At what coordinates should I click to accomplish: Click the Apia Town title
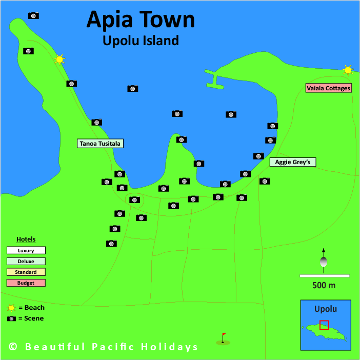(141, 19)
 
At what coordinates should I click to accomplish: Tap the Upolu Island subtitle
(141, 41)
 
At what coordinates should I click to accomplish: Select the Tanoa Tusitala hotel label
(100, 144)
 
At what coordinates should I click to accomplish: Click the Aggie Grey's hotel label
(292, 162)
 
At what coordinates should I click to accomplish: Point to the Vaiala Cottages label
(328, 88)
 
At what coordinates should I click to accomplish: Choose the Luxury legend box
(26, 251)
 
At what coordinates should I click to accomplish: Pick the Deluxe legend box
(26, 262)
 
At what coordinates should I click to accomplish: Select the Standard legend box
(26, 272)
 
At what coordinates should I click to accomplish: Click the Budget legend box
(26, 283)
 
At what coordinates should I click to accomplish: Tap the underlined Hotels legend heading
(26, 239)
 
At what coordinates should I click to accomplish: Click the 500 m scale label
(324, 285)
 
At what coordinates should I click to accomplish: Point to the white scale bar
(324, 276)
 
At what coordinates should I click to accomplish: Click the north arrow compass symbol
(323, 259)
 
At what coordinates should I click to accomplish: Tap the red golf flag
(223, 337)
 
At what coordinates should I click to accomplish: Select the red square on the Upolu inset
(324, 325)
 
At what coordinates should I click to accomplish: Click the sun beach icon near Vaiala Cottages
(348, 70)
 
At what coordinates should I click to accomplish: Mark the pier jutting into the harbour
(214, 80)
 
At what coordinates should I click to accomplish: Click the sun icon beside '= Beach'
(11, 308)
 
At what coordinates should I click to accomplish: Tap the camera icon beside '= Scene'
(11, 318)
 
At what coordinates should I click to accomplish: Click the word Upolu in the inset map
(326, 309)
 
